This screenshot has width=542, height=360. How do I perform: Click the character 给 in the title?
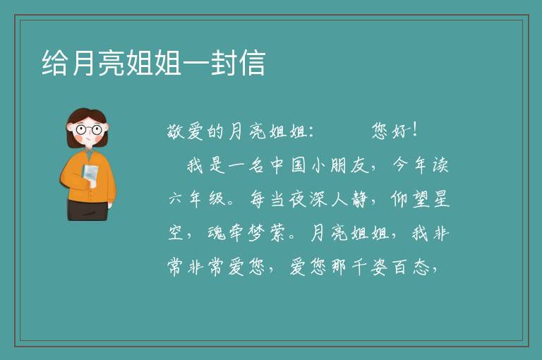pos(54,63)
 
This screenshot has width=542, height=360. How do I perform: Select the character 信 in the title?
pos(252,63)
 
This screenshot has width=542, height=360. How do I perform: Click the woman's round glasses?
pos(88,130)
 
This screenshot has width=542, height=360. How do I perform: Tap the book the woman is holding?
pos(90,174)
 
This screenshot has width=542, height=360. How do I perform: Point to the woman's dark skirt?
pos(88,210)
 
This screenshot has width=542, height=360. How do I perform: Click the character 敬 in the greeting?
pos(175,131)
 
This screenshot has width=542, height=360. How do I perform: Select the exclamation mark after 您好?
pos(415,130)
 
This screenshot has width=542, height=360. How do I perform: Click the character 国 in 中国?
pos(298,165)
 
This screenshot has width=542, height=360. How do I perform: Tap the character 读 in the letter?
pos(441,165)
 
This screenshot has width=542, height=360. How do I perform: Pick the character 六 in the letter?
pos(175,199)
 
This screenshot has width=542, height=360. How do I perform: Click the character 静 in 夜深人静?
pos(359,199)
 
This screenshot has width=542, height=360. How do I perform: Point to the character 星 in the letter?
pos(441,199)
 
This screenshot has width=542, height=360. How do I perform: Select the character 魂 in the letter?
pos(217,233)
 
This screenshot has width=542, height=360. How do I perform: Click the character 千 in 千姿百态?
pos(359,268)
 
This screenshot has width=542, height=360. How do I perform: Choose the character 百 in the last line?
pos(400,268)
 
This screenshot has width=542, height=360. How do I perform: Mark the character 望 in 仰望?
pos(421,199)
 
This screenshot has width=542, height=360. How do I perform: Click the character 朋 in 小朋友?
pos(339,165)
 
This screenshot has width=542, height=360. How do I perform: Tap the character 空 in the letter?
pos(175,233)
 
